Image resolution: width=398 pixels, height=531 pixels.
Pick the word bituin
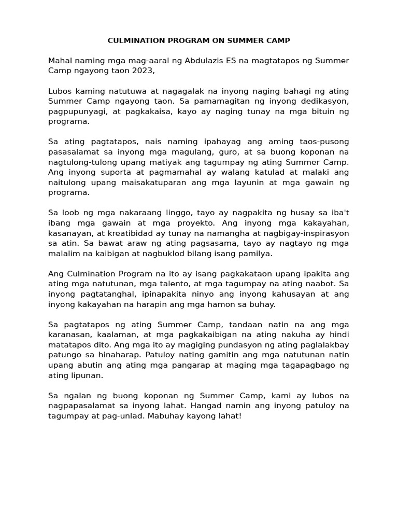point(318,111)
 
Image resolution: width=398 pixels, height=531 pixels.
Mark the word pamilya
point(254,254)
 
